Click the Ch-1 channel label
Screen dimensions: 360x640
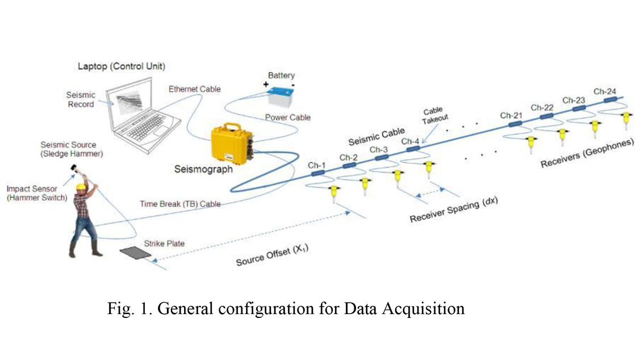coord(316,165)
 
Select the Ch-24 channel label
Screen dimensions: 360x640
coord(605,91)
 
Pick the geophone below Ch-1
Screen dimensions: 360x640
coord(334,194)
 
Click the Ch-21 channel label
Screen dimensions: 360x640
coord(511,115)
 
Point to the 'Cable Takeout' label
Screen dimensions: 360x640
coord(433,114)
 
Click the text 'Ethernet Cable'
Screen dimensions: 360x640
coord(194,89)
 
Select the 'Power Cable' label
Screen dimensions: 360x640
coord(288,118)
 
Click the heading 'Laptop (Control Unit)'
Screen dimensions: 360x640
coord(121,66)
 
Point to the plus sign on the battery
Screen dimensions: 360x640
coord(266,84)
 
